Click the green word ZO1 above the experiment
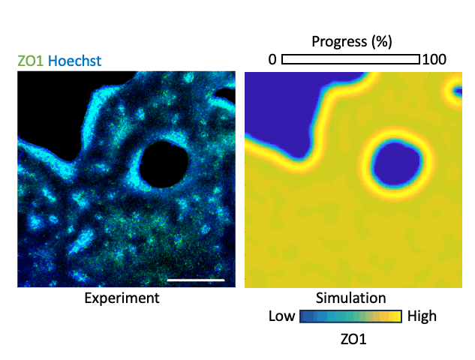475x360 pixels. point(29,61)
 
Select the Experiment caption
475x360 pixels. point(122,298)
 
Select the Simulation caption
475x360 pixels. point(351,298)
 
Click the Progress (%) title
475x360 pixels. point(351,40)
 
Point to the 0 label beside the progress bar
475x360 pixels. point(273,59)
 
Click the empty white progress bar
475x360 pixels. point(351,59)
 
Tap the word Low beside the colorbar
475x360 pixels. point(281,316)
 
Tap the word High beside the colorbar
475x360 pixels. point(422,316)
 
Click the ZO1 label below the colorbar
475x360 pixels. point(351,339)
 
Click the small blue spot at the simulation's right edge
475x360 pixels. point(456,92)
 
